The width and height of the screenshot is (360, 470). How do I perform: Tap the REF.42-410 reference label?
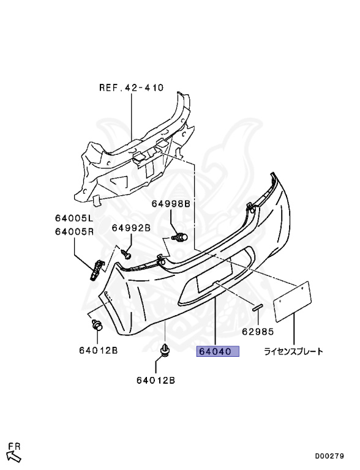[132, 88]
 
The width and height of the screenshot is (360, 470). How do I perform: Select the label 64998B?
[171, 204]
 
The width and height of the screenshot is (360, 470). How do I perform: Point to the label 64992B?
[131, 228]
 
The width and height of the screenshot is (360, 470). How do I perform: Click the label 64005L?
[74, 218]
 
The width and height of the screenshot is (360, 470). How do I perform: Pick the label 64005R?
[74, 232]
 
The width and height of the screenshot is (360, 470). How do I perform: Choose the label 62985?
[258, 332]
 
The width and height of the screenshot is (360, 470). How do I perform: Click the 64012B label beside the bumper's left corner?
[98, 350]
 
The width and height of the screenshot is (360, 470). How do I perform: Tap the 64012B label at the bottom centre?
[156, 381]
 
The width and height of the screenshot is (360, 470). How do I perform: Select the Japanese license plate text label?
[293, 351]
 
